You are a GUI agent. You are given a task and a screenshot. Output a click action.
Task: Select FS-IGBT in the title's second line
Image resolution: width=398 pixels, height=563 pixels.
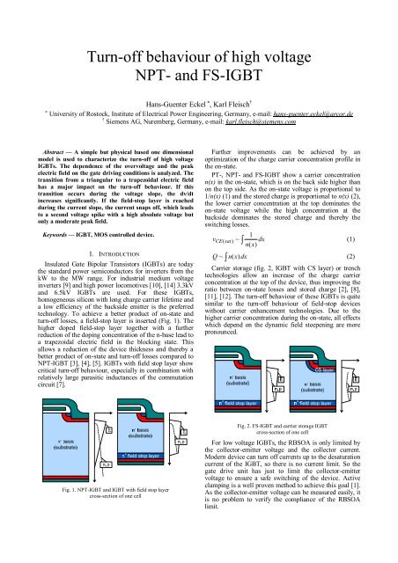point(241,86)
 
